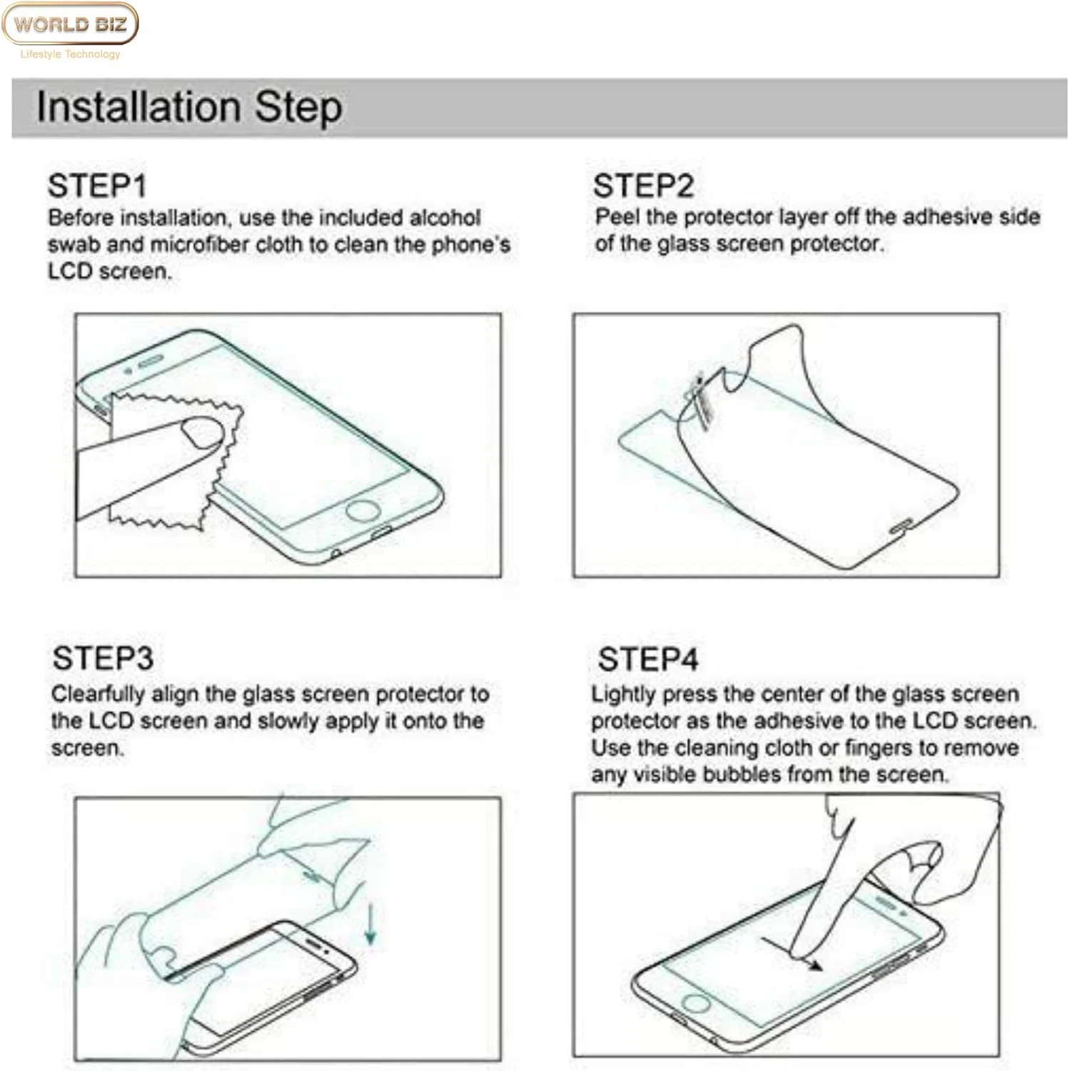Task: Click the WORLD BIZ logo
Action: click(70, 24)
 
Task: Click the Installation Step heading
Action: click(189, 107)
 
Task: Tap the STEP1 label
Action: click(98, 186)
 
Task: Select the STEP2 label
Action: click(644, 186)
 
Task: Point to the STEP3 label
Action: click(103, 658)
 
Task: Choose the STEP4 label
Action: click(649, 659)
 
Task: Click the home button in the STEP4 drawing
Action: click(696, 1002)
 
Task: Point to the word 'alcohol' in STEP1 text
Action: click(445, 217)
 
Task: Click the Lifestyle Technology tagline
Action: click(71, 54)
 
